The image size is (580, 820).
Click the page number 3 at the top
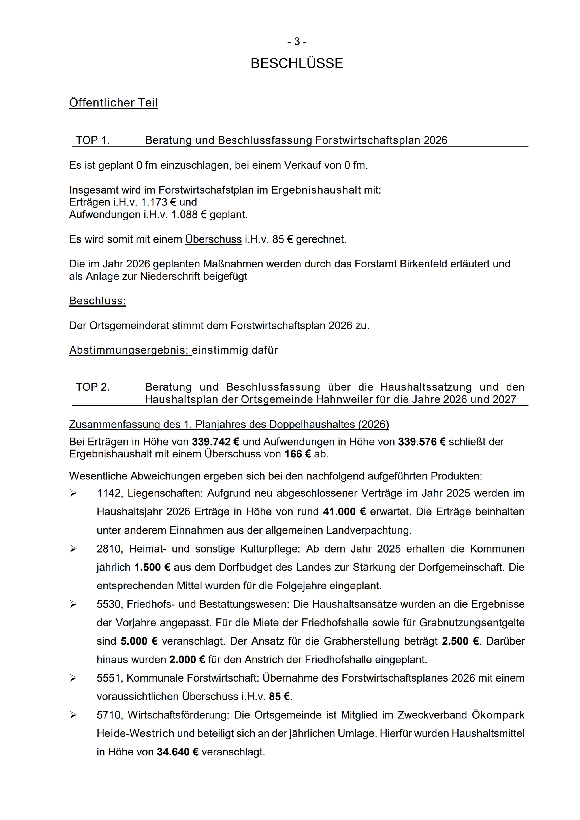(x=297, y=42)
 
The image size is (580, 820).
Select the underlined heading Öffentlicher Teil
(x=113, y=103)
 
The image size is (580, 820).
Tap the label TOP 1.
(x=93, y=140)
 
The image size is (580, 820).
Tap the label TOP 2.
(x=93, y=387)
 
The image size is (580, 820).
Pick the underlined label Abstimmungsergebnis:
(x=130, y=350)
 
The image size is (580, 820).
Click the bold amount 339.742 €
(x=216, y=442)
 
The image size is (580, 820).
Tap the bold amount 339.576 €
(x=422, y=442)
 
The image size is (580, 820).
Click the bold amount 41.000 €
(x=344, y=512)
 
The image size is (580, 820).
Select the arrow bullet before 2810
(x=73, y=549)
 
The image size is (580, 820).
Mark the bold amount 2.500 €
(x=460, y=641)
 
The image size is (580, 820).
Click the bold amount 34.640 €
(x=178, y=752)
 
